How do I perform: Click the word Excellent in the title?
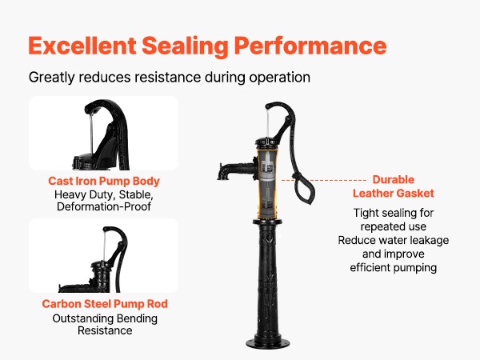point(82,46)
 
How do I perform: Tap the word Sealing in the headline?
point(185,46)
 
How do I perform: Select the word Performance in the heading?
point(310,46)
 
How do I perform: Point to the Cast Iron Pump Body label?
point(104,181)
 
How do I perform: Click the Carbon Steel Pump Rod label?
point(105,304)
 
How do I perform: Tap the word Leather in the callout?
point(373,193)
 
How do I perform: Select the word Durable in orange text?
point(394,179)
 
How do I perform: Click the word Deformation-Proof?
point(104,206)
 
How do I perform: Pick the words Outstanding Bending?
point(105,318)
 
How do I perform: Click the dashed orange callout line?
point(324,180)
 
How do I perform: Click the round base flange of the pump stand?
point(268,344)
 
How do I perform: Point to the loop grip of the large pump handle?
point(304,190)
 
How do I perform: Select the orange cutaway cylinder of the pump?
point(267,184)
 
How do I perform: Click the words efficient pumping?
point(394,267)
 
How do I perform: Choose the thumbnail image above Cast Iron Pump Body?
point(104,133)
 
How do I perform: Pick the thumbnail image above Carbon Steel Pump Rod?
point(104,256)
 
